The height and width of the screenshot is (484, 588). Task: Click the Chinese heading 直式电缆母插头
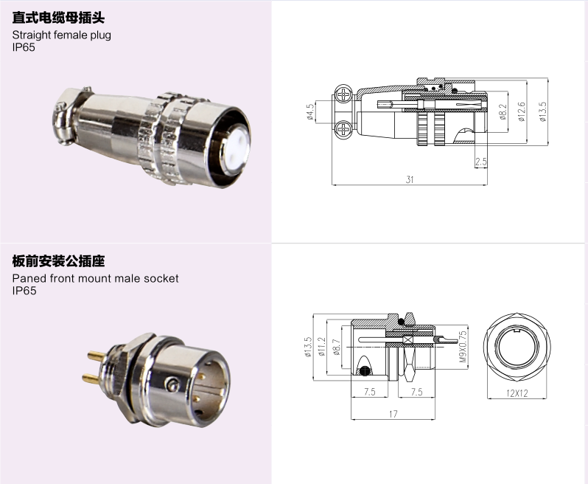coord(58,18)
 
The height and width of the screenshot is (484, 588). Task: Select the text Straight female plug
coord(61,35)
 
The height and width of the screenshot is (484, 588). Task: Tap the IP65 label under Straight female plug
coord(24,47)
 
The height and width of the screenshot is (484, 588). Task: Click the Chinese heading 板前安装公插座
coord(58,261)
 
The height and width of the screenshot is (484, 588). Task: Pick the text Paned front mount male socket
coord(95,278)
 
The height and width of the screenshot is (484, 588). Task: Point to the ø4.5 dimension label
coord(310,112)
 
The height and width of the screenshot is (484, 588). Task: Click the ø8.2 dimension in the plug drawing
coord(503,112)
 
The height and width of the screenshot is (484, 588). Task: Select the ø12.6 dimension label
coord(521,112)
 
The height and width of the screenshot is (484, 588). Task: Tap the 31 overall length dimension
coord(410,179)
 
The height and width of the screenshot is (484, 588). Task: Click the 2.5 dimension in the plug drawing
coord(480,162)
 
